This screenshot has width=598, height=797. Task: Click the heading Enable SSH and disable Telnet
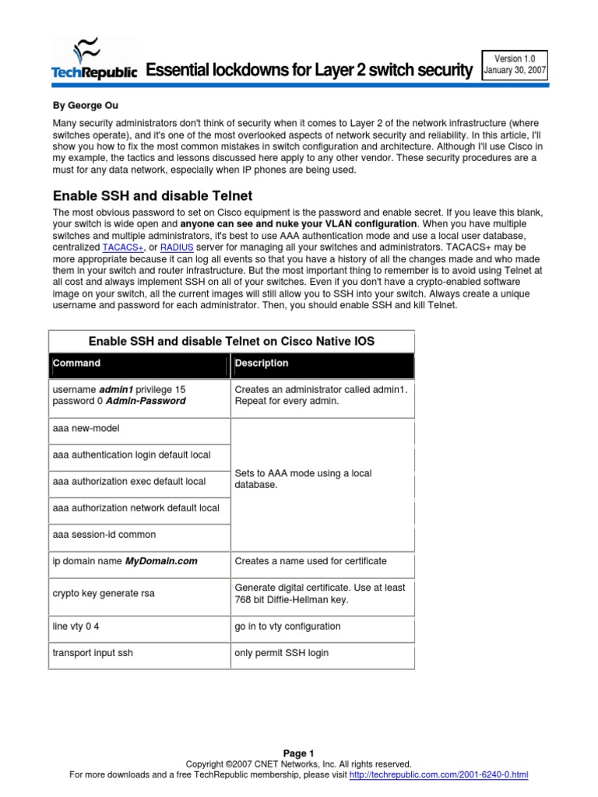point(152,195)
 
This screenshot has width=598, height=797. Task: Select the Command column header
point(76,363)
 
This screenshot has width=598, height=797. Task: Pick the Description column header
point(262,363)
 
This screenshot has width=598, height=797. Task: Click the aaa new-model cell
point(86,429)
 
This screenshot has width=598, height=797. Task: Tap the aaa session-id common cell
point(104,535)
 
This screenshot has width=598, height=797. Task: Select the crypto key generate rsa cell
point(104,594)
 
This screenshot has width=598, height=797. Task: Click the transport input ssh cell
point(93,653)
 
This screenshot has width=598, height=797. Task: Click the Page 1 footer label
point(298,753)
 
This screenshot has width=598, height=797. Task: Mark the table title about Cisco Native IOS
point(232,341)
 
